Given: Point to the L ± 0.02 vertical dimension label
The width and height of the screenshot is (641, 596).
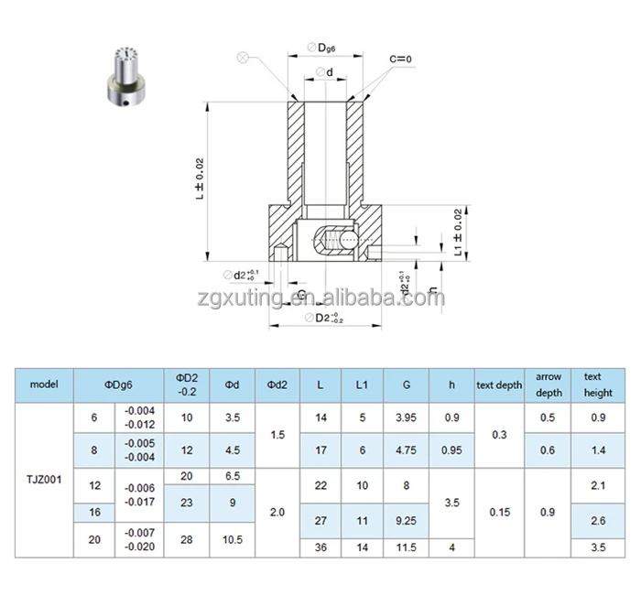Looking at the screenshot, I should pos(200,179).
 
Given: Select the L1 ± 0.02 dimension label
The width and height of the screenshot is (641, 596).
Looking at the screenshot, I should pos(459,232).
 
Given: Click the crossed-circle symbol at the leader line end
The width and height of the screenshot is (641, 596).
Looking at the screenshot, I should pos(243,57).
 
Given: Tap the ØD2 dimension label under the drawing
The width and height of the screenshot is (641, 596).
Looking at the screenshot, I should pos(322,318).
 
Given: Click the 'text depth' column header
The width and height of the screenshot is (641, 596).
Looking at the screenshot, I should pos(498,385).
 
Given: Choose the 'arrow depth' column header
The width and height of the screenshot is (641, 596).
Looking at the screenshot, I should pos(548,385).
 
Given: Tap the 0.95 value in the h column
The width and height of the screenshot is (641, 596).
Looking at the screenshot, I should pos(451,450).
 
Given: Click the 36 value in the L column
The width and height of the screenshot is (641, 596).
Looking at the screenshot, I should pos(320,547).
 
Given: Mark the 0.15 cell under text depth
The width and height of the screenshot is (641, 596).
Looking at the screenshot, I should pos(498,513).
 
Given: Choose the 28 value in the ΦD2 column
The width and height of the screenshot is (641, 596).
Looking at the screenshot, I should pos(186,541).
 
